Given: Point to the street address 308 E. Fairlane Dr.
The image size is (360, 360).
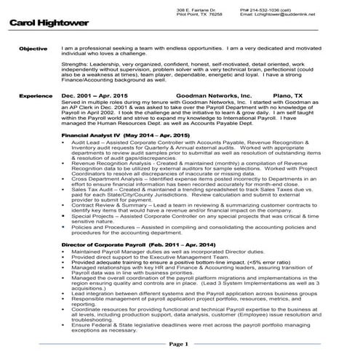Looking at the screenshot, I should (195, 9).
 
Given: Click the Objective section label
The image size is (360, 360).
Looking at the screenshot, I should (33, 48).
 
